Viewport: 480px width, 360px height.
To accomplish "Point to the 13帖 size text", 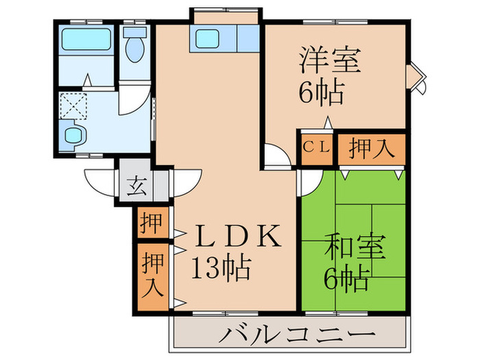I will point(221,267).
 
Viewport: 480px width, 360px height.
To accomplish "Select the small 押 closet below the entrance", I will point(151,221).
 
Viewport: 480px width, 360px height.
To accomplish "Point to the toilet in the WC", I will point(135,45).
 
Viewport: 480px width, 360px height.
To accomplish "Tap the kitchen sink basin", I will point(208,38).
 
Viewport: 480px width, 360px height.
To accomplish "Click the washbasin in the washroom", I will point(72,134).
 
